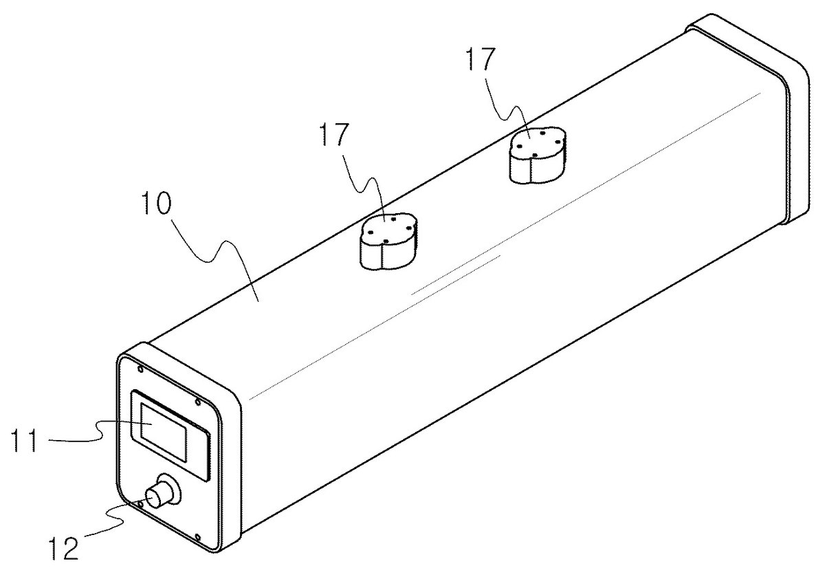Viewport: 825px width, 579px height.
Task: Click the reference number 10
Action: [x=157, y=204]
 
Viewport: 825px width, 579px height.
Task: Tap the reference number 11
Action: [x=24, y=440]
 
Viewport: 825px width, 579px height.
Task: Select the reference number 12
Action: [x=64, y=549]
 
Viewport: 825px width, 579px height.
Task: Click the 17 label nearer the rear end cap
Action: [x=481, y=59]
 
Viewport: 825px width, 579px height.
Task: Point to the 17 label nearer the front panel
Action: [x=334, y=135]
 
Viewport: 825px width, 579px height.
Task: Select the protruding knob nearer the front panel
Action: [x=388, y=241]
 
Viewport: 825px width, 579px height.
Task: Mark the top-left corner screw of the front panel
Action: [x=140, y=369]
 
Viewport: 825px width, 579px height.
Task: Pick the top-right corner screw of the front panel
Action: [x=198, y=402]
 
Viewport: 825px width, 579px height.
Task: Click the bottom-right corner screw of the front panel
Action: [x=198, y=537]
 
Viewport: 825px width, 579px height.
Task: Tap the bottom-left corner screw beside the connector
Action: [x=140, y=503]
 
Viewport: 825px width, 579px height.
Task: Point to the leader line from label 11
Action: [x=100, y=432]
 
